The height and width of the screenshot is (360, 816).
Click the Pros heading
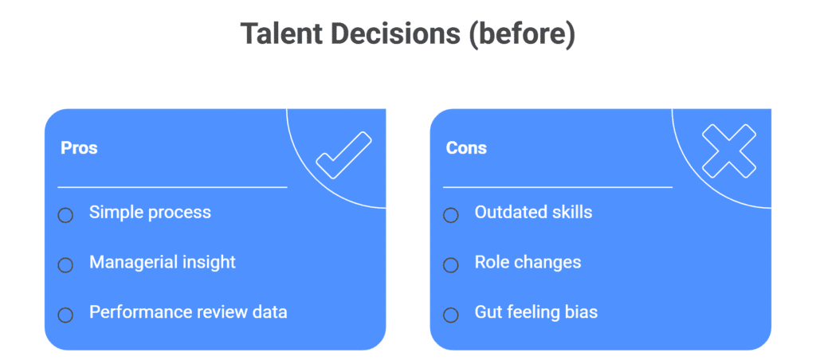(79, 148)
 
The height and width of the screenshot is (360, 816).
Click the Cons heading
(466, 148)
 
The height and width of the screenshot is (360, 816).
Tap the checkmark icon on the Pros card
(344, 155)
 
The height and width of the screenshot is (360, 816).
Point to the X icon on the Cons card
(728, 151)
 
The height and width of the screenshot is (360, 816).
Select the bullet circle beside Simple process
(65, 215)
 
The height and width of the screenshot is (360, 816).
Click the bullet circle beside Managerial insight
(65, 265)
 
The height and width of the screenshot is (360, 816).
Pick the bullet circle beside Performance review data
(65, 315)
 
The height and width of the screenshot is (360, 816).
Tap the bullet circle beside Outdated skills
(451, 215)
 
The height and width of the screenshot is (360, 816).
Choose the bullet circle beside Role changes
(451, 265)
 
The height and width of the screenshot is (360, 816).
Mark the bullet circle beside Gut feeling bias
(451, 315)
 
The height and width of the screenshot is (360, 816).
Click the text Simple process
(150, 212)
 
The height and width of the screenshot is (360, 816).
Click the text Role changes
(528, 262)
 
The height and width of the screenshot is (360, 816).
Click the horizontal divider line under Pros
(172, 186)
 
